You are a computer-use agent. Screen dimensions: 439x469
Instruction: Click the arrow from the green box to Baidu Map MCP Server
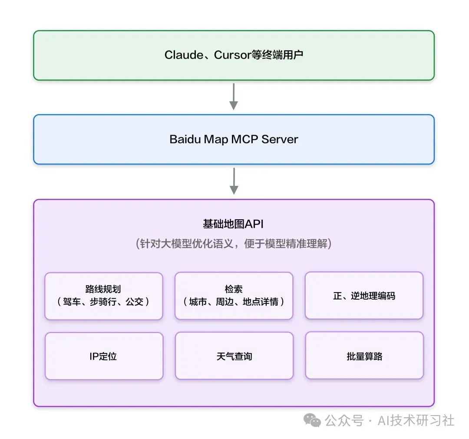[234, 96]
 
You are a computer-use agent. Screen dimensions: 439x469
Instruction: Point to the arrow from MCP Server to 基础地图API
[234, 181]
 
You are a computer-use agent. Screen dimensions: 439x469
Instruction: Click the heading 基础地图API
[233, 224]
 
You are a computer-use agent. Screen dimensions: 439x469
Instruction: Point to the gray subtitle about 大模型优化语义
[234, 244]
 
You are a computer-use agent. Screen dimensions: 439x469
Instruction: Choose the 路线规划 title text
[103, 289]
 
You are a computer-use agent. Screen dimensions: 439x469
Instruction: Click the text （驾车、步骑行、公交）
[103, 301]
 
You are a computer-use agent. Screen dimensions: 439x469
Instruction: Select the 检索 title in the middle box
[234, 289]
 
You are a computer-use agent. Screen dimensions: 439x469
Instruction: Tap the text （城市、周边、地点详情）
[234, 301]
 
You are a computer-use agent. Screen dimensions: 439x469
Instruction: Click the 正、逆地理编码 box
[364, 296]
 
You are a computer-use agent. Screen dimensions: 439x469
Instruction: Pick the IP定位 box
[103, 356]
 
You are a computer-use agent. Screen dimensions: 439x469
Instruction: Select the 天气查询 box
[234, 356]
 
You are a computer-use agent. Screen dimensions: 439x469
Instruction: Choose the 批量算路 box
[364, 356]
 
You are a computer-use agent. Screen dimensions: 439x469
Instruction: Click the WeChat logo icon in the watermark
[312, 420]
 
